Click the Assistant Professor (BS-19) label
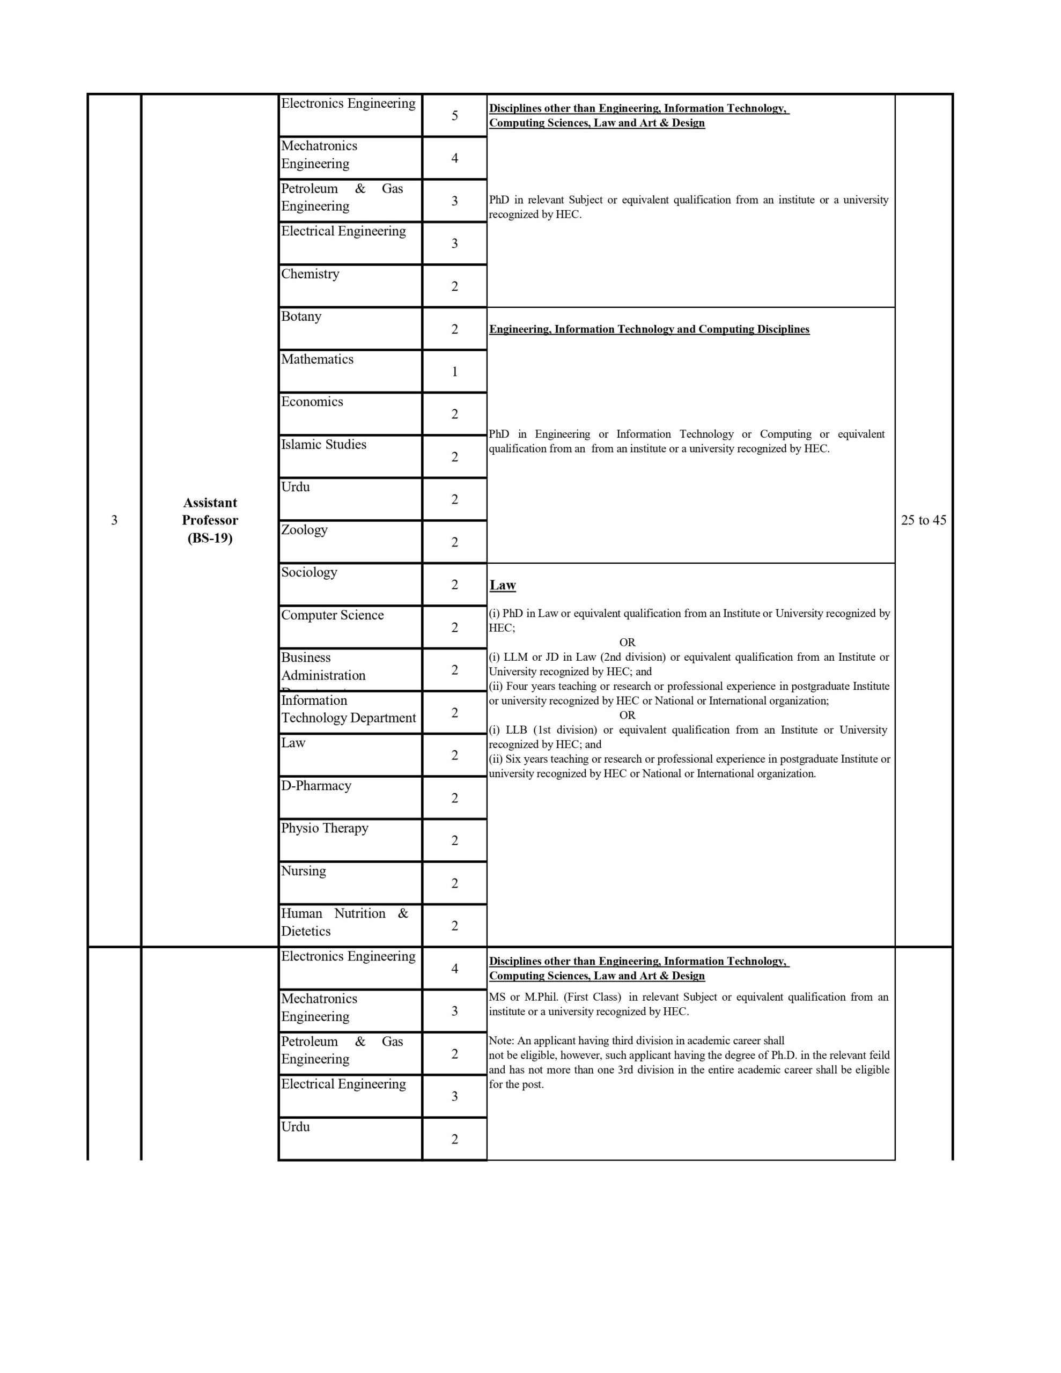[210, 520]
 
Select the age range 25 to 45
[923, 520]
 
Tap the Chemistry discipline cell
[310, 274]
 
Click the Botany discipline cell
[301, 317]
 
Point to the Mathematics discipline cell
[317, 359]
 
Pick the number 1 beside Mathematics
[454, 372]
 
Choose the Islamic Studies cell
[323, 445]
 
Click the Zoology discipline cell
[304, 530]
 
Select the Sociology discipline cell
[309, 573]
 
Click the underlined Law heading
[503, 585]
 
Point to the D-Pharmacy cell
[316, 786]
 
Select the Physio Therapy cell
[325, 829]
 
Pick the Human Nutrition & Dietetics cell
[344, 922]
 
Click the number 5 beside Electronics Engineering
[454, 116]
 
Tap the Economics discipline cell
[312, 402]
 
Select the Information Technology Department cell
[349, 709]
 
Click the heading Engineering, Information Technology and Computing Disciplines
[649, 329]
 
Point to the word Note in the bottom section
[500, 1040]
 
